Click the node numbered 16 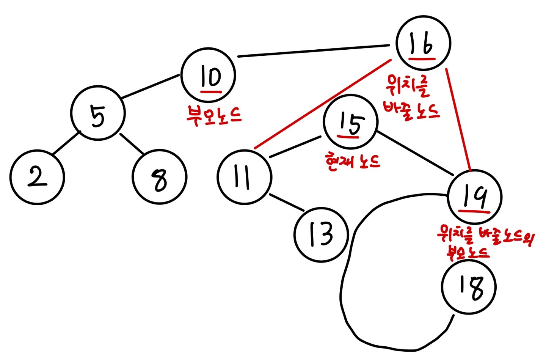[423, 43]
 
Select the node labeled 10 [208, 75]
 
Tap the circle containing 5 [98, 113]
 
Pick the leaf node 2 [37, 177]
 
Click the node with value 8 [160, 177]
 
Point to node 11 [245, 177]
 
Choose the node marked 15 [351, 121]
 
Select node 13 [321, 234]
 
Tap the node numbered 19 [474, 197]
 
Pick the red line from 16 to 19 [458, 119]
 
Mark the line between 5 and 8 [132, 144]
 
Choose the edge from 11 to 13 [287, 203]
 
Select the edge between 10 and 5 [150, 87]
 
